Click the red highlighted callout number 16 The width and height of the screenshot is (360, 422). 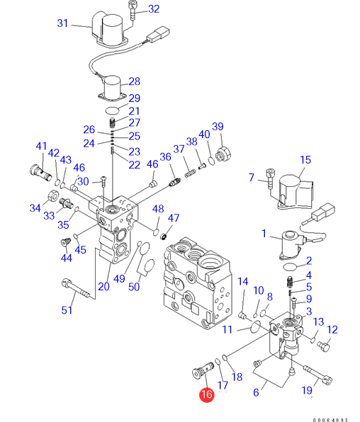click(x=207, y=394)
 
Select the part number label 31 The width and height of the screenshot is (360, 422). click(x=62, y=23)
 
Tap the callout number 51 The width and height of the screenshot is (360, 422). click(x=67, y=310)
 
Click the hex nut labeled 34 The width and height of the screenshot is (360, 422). click(x=52, y=195)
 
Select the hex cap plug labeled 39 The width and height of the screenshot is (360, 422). click(x=223, y=154)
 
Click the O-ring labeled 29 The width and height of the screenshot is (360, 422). click(x=112, y=110)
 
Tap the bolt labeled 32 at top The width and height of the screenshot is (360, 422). click(x=133, y=10)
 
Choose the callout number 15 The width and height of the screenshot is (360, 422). click(x=305, y=159)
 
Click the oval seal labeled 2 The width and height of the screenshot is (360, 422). click(x=290, y=267)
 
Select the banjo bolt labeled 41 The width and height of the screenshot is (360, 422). click(x=40, y=173)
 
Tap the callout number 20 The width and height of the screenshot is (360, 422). click(x=103, y=286)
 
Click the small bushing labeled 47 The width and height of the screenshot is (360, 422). click(x=163, y=237)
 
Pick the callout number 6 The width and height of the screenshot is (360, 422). click(x=256, y=392)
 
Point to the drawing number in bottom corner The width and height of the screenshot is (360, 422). click(x=330, y=420)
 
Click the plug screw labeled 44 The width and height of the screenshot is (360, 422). click(x=65, y=242)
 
